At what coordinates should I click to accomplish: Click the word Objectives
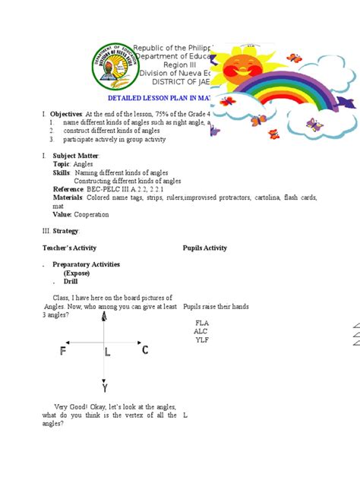coord(65,113)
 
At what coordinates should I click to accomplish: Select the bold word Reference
coord(68,189)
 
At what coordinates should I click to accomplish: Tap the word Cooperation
coord(90,215)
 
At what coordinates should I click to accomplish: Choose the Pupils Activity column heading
coord(204,248)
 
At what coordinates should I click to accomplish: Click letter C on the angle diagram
coord(144,349)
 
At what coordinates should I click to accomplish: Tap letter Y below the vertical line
coord(104,387)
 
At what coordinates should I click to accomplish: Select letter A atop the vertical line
coord(104,317)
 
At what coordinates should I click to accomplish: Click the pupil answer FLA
coord(201,323)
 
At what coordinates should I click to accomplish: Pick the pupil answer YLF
coord(201,339)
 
